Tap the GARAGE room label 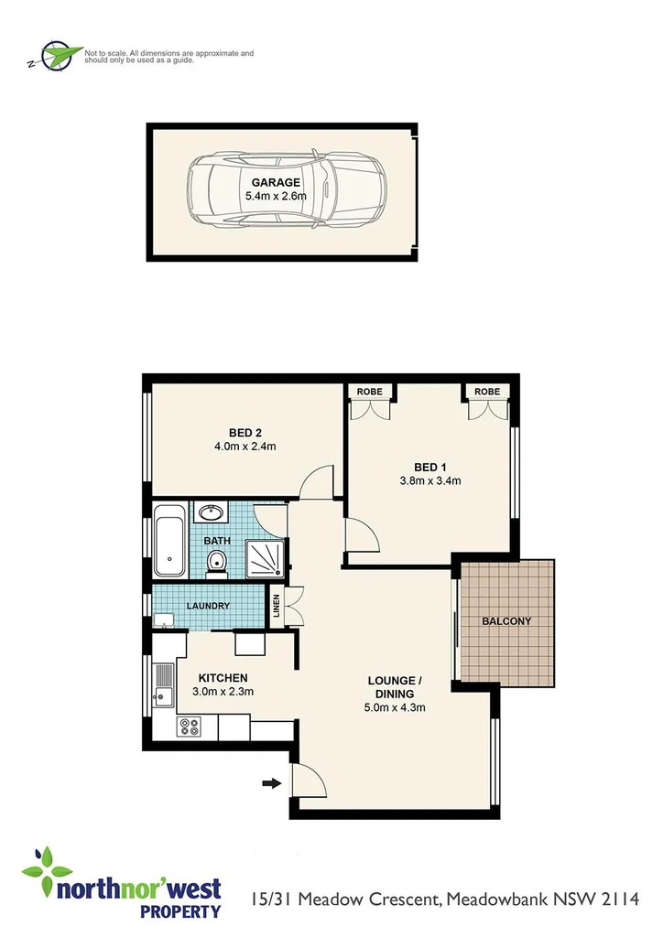click(276, 182)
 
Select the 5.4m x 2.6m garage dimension click(276, 196)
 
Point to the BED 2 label click(245, 433)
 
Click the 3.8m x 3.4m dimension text click(429, 480)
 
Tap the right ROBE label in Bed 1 click(487, 392)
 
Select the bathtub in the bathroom click(168, 541)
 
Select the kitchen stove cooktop click(190, 727)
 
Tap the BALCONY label click(506, 621)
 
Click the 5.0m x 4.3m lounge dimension click(395, 706)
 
